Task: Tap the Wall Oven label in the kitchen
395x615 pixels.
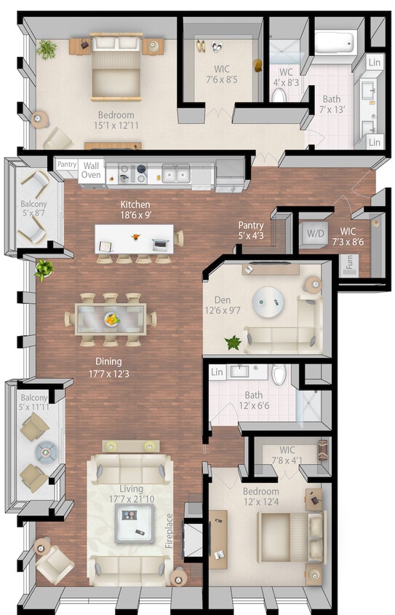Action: [x=91, y=170]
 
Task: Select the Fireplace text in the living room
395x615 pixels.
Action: [x=169, y=530]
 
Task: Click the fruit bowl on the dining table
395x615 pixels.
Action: [x=112, y=318]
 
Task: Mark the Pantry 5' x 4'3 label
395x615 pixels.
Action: [x=251, y=230]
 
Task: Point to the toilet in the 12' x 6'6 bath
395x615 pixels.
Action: [x=279, y=376]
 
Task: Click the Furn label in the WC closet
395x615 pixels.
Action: [x=350, y=262]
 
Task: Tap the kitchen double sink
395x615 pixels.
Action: [x=175, y=174]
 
